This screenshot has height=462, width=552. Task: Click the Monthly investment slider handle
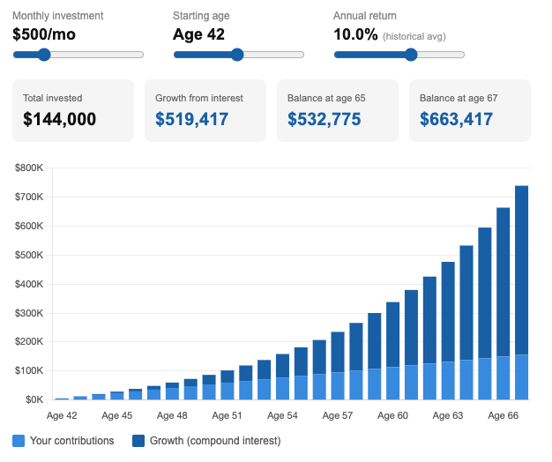click(44, 55)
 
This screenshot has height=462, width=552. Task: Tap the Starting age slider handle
click(237, 55)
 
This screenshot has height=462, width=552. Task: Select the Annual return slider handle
click(411, 55)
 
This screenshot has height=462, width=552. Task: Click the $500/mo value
click(44, 34)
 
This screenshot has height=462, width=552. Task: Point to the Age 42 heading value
click(198, 34)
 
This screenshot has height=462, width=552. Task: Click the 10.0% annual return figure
click(355, 34)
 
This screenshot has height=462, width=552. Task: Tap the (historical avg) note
click(414, 37)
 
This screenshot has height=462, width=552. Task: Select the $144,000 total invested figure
click(59, 119)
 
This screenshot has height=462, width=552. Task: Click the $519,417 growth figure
click(192, 119)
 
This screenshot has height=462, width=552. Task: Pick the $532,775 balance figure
click(324, 119)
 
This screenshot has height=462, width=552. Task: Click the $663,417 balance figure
click(456, 119)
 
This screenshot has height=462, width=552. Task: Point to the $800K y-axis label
click(29, 168)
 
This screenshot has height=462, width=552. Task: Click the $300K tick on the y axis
click(29, 313)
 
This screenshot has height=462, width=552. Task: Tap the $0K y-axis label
click(34, 399)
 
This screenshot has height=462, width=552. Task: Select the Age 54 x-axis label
click(282, 415)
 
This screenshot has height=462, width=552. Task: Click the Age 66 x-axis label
click(504, 415)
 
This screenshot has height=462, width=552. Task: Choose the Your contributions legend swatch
click(19, 441)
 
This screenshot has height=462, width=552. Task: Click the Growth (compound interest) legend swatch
click(138, 441)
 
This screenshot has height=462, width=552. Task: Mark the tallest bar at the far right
click(521, 293)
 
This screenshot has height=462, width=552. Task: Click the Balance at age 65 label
click(326, 98)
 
